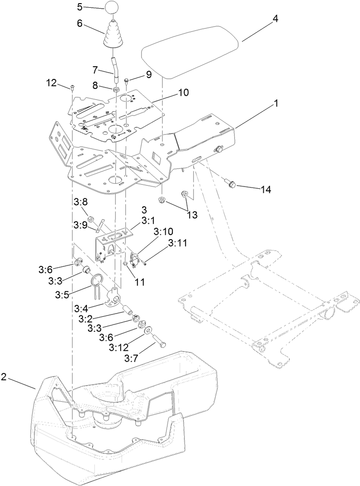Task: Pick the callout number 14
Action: tap(266, 190)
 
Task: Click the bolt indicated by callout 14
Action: tap(232, 183)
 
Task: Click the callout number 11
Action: tap(139, 282)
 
